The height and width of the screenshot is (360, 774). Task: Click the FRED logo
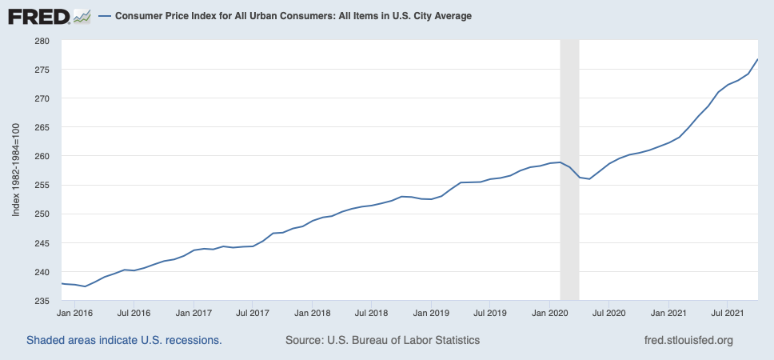click(x=48, y=16)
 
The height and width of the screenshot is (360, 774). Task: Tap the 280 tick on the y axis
click(x=41, y=41)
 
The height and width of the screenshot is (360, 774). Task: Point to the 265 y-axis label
click(x=41, y=127)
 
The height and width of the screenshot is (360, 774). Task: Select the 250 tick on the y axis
click(x=41, y=214)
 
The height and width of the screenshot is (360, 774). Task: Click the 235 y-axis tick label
click(x=41, y=301)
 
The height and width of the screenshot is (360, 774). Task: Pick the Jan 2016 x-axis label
click(x=74, y=313)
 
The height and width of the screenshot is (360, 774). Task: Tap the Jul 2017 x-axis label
click(x=252, y=313)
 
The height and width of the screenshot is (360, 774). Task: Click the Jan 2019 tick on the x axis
click(x=431, y=313)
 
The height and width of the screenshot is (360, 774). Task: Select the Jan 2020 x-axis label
click(x=549, y=313)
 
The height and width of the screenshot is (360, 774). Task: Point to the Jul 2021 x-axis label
click(x=728, y=313)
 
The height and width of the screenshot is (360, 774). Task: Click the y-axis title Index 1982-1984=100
click(x=16, y=170)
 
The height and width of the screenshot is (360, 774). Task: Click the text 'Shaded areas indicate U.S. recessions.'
click(x=124, y=340)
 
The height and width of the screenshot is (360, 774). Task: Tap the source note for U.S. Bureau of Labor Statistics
click(x=382, y=340)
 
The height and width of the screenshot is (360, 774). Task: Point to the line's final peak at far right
click(x=757, y=60)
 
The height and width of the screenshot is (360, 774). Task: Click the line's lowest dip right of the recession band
click(x=589, y=179)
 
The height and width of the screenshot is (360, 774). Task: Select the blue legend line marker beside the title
click(x=104, y=16)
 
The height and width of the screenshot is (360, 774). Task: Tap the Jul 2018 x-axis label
click(x=371, y=313)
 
